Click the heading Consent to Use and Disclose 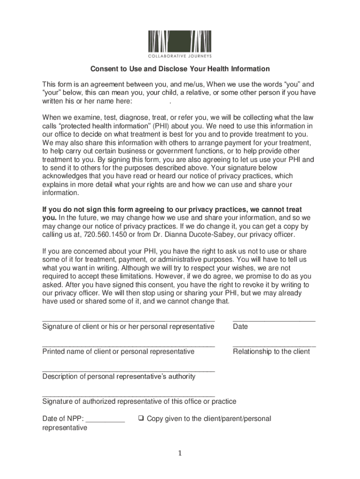[180, 69]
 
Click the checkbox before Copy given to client [140, 419]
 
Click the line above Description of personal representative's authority [129, 371]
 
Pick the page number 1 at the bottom [180, 453]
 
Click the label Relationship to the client [271, 351]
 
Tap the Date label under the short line [240, 327]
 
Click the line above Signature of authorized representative [129, 396]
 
